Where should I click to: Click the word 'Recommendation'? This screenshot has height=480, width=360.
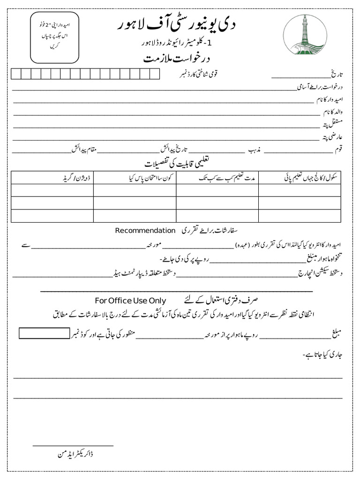145,231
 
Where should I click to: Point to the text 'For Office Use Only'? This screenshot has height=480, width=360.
130,300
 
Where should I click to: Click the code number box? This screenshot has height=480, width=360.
44,333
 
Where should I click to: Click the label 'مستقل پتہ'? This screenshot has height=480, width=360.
334,125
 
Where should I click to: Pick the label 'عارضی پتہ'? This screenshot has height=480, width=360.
333,138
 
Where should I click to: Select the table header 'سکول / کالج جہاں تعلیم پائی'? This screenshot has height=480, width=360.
311,178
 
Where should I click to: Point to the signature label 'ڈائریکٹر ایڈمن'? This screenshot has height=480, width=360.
75,454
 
